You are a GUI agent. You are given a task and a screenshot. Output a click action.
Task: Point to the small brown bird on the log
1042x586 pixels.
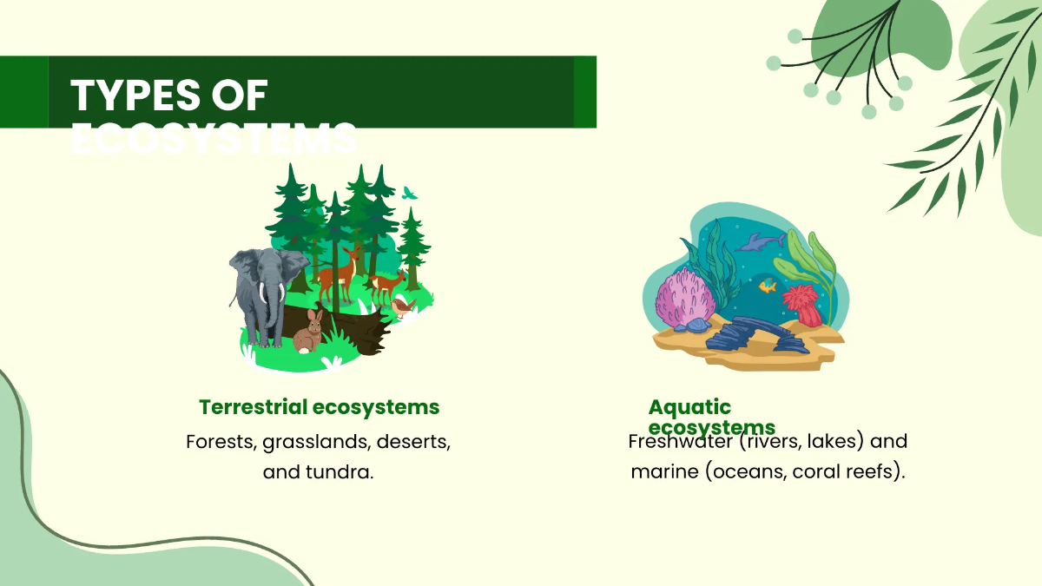tap(400, 306)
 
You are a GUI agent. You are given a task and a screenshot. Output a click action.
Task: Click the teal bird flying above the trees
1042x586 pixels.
tap(409, 193)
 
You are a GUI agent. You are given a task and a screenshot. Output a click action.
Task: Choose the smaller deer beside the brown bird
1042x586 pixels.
tap(386, 284)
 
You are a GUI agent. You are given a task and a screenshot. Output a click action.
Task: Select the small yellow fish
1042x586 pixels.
tap(768, 286)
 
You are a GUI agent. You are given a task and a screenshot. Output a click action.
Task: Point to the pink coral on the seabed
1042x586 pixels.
tap(686, 295)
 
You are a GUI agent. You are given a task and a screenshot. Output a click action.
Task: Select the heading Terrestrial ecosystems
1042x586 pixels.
tap(319, 407)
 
